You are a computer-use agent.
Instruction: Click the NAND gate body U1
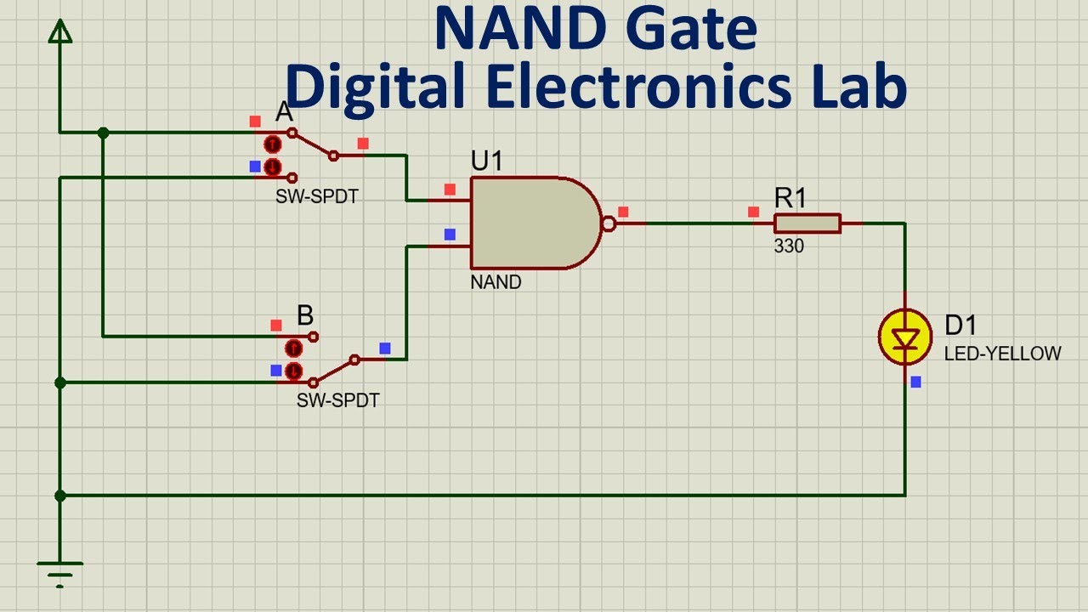(x=531, y=223)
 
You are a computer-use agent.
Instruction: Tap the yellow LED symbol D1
(x=905, y=338)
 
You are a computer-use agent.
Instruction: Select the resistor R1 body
(x=807, y=224)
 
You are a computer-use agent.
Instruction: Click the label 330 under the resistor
(x=788, y=247)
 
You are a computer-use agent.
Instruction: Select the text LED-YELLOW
(x=1002, y=354)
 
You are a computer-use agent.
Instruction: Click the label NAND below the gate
(x=496, y=282)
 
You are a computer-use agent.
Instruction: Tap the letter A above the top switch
(x=284, y=111)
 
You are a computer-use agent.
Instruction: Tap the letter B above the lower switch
(x=305, y=316)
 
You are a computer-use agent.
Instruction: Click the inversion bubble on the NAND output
(x=609, y=224)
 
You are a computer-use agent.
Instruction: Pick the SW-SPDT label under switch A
(x=316, y=196)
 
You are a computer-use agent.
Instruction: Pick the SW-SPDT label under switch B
(x=337, y=400)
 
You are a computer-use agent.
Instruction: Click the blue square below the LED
(x=915, y=382)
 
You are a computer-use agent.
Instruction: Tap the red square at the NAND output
(x=623, y=212)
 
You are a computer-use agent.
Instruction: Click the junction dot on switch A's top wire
(x=103, y=133)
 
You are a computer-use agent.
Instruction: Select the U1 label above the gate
(x=487, y=161)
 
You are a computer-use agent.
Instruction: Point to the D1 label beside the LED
(x=960, y=325)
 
